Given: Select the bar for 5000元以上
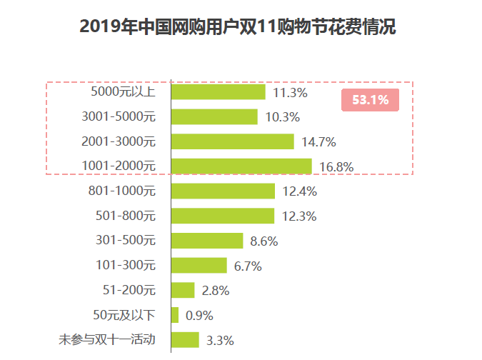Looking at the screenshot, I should click(x=219, y=92).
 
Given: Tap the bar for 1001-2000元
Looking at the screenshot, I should click(x=241, y=166).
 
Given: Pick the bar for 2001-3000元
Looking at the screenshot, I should click(x=233, y=141).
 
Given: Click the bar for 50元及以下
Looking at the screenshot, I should click(x=175, y=315).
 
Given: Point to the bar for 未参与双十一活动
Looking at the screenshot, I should click(x=185, y=340).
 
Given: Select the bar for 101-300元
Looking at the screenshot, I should click(x=199, y=266).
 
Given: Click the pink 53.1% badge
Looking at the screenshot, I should click(x=370, y=100).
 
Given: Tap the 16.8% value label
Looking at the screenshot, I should click(x=336, y=167).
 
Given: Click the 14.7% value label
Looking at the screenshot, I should click(x=318, y=142).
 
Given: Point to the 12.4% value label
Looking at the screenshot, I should click(x=299, y=191).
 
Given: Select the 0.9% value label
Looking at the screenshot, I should click(x=199, y=316).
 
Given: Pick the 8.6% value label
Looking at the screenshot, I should click(x=263, y=241).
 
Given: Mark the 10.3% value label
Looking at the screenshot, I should click(x=282, y=117).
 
